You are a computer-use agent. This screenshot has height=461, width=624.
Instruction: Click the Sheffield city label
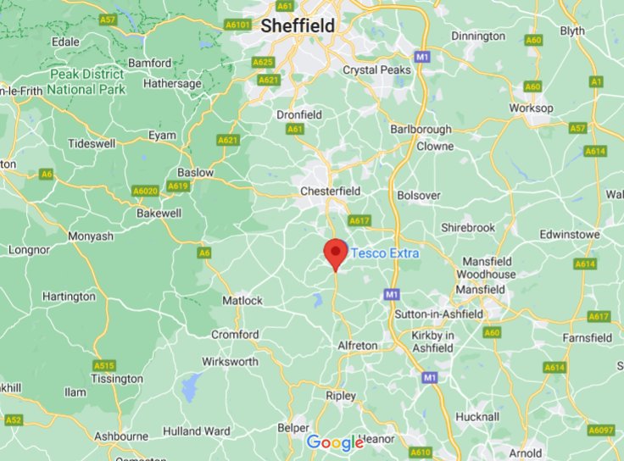click(x=297, y=26)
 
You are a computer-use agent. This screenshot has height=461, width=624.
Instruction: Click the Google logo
click(x=335, y=442)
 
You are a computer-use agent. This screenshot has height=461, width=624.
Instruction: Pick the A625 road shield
click(x=264, y=62)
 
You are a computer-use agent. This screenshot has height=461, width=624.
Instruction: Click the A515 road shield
click(x=103, y=365)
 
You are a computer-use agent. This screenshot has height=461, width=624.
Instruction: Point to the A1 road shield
click(x=597, y=81)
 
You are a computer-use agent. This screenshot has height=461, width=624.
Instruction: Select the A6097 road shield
click(x=601, y=430)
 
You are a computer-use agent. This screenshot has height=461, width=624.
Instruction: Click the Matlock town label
click(x=242, y=301)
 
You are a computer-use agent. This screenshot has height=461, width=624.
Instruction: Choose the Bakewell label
click(x=159, y=213)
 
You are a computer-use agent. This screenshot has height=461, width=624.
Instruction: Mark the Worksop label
click(x=531, y=108)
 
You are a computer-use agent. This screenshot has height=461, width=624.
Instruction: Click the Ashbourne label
click(x=120, y=436)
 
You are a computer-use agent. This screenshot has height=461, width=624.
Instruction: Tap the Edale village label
click(x=65, y=42)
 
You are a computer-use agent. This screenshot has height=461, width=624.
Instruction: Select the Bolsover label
click(x=419, y=196)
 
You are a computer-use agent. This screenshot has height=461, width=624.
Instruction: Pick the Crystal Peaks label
click(x=376, y=70)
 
